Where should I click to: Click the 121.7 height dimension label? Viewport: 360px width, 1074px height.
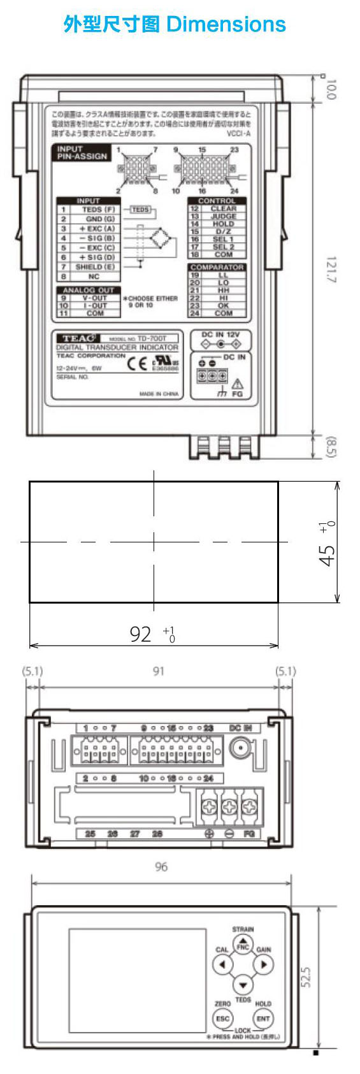tap(331, 270)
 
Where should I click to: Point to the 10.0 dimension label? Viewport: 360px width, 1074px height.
tap(330, 89)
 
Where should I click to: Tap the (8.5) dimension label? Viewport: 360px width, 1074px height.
tap(331, 446)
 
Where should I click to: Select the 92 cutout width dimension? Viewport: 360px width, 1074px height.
tap(141, 634)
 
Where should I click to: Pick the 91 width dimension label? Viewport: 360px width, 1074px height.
tap(159, 671)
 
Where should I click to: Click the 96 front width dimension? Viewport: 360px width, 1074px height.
tap(161, 867)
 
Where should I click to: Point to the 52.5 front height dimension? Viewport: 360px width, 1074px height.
tap(306, 976)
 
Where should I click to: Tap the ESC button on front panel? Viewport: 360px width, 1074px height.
tap(222, 1019)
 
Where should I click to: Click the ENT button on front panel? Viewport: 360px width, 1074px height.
tap(263, 1019)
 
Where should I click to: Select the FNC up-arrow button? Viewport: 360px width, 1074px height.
tap(243, 945)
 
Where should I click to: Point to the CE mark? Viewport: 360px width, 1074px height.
tap(137, 365)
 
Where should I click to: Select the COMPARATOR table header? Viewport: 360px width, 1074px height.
tap(217, 267)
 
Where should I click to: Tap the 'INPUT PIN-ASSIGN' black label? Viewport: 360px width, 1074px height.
tap(82, 153)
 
